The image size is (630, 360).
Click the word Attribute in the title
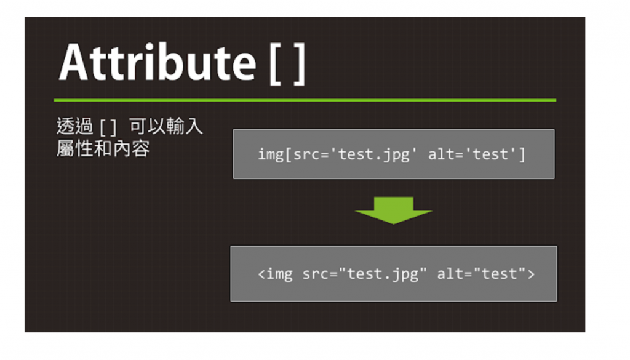(x=157, y=63)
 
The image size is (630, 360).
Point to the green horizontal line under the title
(x=305, y=100)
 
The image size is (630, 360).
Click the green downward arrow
(x=394, y=209)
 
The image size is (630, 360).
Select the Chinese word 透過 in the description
(x=74, y=127)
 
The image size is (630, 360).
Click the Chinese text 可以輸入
(x=166, y=127)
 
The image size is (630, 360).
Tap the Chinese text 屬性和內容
(x=103, y=148)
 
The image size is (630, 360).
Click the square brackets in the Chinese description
(x=108, y=128)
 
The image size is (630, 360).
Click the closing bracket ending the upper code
(x=522, y=154)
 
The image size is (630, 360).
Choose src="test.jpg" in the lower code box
(x=364, y=274)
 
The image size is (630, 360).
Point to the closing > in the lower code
(x=531, y=274)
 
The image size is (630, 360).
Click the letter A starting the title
(x=74, y=63)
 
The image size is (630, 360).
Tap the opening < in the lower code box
(x=261, y=274)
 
